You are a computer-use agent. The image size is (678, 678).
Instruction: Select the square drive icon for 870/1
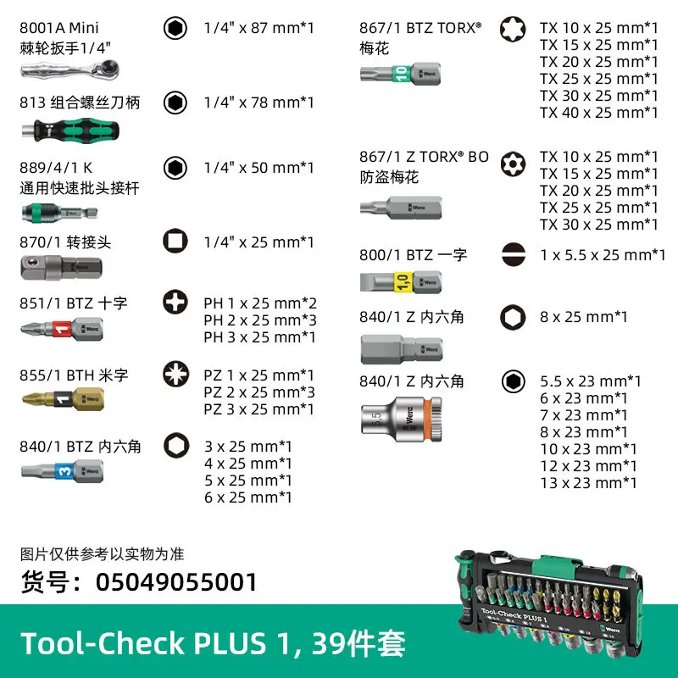click(x=175, y=242)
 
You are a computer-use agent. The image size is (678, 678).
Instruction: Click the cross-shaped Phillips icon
click(x=175, y=301)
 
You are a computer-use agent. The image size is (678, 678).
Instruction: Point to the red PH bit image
click(x=63, y=327)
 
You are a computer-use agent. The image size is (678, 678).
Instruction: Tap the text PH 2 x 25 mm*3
click(x=259, y=320)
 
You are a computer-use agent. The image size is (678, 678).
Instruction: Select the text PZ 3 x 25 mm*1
click(x=259, y=408)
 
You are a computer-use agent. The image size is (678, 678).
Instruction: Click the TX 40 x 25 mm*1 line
click(x=598, y=113)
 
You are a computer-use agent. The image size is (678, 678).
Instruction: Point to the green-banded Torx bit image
click(x=398, y=74)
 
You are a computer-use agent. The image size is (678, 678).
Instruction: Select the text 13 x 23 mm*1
click(x=588, y=482)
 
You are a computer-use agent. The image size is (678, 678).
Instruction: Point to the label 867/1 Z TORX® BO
click(x=424, y=157)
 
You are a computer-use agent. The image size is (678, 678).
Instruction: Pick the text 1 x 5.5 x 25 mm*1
click(x=603, y=254)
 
